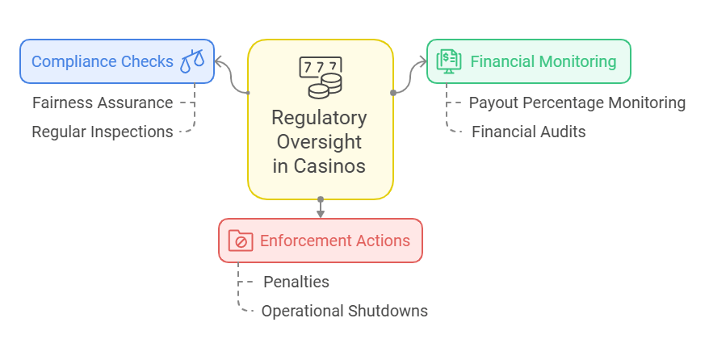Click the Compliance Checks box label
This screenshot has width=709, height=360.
(103, 61)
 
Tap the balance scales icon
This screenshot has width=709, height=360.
(192, 61)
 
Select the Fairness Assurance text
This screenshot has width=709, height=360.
(103, 103)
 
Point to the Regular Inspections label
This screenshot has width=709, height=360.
(103, 132)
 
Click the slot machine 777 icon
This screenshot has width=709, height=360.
(320, 77)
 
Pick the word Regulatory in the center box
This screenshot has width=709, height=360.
(319, 118)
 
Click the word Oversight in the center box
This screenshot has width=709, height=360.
(319, 142)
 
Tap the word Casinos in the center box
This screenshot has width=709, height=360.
(329, 165)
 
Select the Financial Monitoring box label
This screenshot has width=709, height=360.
(543, 61)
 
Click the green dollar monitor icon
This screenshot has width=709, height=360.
(448, 61)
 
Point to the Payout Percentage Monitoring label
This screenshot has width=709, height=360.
(577, 103)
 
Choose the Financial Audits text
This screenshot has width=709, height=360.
(529, 132)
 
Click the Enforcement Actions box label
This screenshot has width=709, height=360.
(335, 241)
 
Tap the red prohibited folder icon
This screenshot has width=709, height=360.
(241, 241)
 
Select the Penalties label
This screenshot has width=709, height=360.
(296, 282)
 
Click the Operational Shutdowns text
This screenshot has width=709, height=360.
(345, 312)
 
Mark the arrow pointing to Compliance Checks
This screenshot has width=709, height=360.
(231, 77)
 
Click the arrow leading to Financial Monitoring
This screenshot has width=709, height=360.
(409, 77)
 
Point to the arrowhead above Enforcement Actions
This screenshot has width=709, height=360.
(321, 214)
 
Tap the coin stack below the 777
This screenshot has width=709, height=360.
(325, 86)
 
